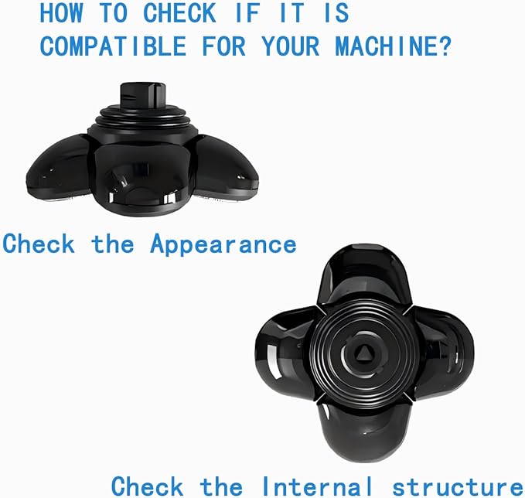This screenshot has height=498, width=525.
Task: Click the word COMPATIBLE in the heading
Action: tap(113, 46)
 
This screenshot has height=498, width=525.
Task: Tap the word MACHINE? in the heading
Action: tap(394, 46)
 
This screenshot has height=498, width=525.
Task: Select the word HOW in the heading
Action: tap(61, 12)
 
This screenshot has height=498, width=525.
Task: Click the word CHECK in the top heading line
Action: tap(179, 12)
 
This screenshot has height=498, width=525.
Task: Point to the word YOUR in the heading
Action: tap(291, 46)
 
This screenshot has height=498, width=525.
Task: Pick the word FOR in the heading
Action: tap(224, 46)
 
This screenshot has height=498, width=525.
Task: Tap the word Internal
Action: tap(317, 486)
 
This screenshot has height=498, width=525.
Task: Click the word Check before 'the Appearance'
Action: tap(39, 243)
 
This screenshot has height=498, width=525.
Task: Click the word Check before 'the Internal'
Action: tap(148, 486)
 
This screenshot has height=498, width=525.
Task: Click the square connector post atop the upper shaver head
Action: tap(142, 95)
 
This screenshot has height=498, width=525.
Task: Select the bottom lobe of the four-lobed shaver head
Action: tap(364, 431)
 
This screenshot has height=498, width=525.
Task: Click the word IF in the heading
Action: tap(248, 12)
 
